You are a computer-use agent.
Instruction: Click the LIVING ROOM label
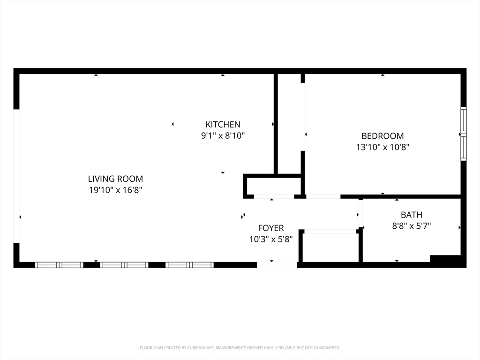pos(115,179)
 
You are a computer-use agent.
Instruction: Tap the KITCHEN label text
pos(223,125)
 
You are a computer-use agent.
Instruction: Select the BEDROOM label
pos(382,136)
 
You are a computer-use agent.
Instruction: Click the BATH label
pos(412,215)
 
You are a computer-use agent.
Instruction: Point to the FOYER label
pos(271,228)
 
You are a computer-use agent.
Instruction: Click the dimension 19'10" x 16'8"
pos(116,190)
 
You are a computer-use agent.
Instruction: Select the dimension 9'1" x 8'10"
pos(223,135)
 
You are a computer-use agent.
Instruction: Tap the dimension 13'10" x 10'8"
pos(382,147)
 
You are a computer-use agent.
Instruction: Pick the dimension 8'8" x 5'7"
pos(412,226)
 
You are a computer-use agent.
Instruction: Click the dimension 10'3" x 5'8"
pos(271,239)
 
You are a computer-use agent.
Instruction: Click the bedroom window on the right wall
pos(464,134)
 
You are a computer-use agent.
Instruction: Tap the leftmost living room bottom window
pos(59,265)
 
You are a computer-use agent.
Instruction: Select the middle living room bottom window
pos(124,265)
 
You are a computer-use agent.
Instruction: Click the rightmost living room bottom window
pos(189,265)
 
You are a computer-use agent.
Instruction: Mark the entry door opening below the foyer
pos(277,265)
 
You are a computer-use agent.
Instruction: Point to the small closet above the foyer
pos(274,186)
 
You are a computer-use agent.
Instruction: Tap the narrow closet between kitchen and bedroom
pos(289,124)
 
